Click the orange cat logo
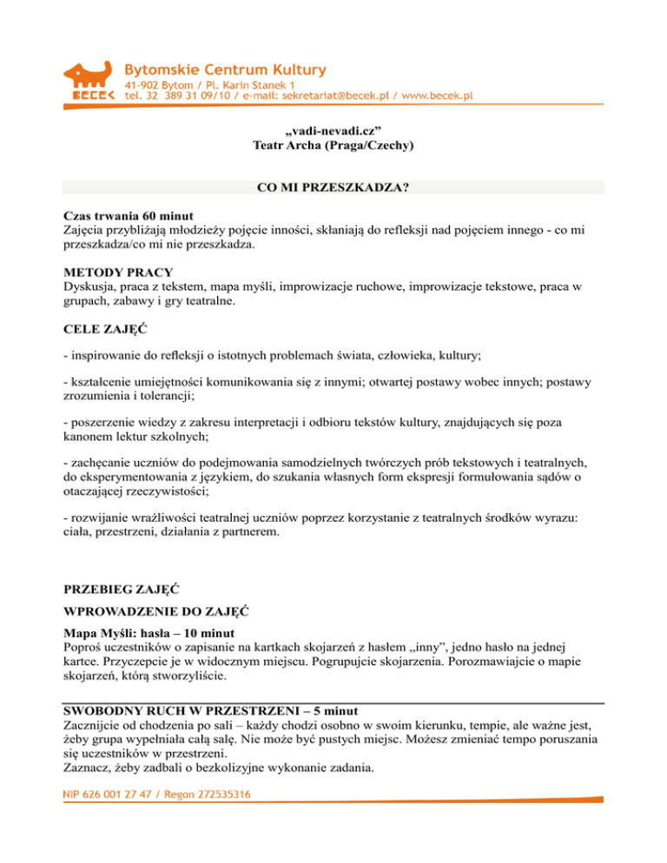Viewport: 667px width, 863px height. coord(90,78)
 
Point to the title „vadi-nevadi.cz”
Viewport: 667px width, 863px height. coord(333,130)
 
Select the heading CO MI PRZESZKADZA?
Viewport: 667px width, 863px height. coord(333,188)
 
